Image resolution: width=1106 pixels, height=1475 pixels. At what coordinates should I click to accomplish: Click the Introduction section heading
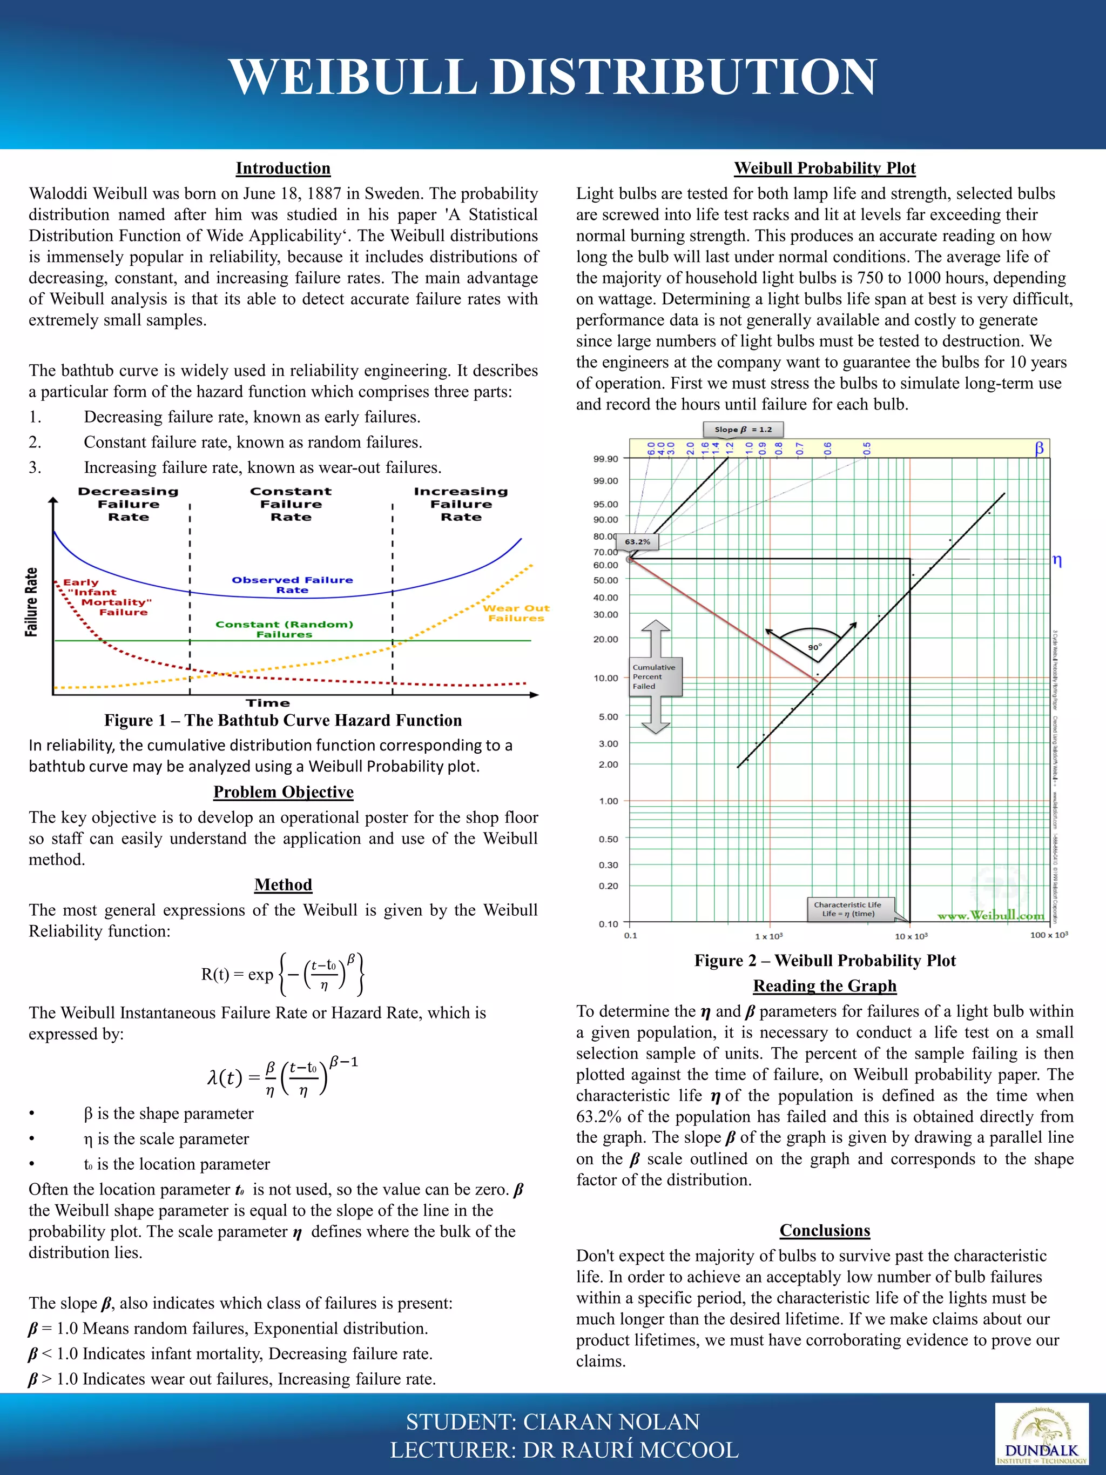coord(282,168)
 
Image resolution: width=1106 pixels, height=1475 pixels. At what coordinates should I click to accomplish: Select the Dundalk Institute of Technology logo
coord(1041,1432)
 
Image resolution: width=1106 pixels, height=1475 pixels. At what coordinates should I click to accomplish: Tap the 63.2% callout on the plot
coord(637,542)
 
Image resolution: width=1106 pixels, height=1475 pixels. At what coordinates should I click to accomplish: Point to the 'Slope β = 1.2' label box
coord(743,430)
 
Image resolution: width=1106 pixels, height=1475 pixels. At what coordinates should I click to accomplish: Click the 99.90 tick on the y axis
coord(605,459)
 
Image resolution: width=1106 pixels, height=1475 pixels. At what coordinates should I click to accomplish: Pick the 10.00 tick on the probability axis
coord(605,678)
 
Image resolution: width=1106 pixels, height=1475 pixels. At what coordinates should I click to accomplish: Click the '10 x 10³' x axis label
coord(911,936)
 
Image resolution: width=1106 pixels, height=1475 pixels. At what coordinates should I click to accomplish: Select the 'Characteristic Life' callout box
coord(847,909)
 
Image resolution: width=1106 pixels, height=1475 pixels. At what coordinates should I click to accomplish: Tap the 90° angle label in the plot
coord(815,647)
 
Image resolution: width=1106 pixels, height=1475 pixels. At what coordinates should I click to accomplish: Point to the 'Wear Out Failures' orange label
coord(516,613)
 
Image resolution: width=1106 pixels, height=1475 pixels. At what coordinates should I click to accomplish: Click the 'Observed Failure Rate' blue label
coord(292,585)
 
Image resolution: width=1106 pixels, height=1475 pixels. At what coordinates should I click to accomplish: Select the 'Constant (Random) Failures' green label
coord(284,629)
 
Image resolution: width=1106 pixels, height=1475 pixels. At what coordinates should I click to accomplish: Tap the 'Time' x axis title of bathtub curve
coord(268,703)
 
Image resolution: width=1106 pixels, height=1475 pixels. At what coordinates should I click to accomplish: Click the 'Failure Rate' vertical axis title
coord(31,602)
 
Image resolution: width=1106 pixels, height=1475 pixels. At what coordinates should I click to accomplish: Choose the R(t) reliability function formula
coord(282,974)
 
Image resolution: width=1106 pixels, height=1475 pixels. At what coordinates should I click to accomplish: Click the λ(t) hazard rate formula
coord(282,1076)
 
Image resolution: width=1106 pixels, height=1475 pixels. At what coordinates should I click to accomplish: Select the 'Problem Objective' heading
coord(282,792)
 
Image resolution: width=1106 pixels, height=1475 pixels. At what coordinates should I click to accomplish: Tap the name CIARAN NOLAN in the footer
coord(611,1422)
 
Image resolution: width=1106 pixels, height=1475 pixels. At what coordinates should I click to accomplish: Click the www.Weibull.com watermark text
coord(990,915)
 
